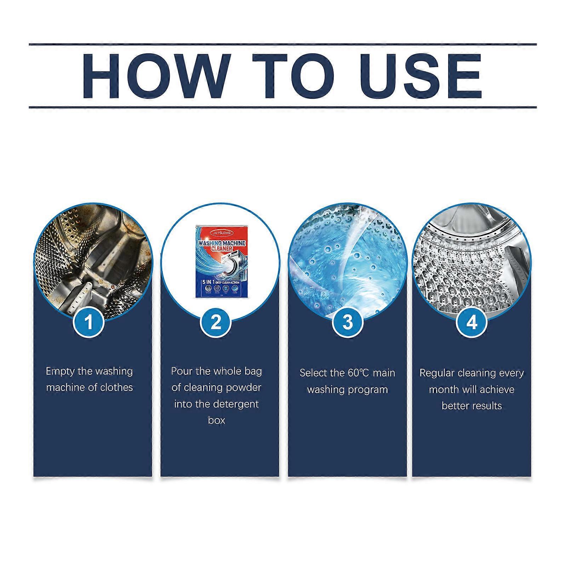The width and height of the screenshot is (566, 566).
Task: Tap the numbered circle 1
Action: [88, 323]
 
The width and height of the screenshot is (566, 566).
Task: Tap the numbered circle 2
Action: [216, 323]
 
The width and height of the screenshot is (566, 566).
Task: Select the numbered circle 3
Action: [348, 323]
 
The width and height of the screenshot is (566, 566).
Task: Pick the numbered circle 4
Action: [471, 323]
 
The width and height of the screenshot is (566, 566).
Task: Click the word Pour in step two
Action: [182, 371]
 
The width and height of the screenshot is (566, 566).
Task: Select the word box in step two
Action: [216, 421]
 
